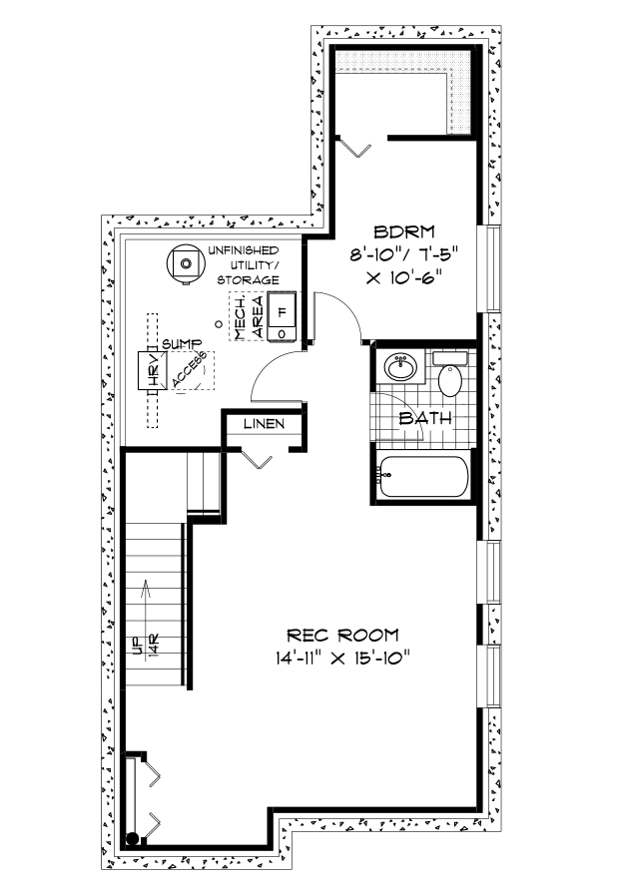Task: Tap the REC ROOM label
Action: (x=342, y=635)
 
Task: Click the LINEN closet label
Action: (x=264, y=424)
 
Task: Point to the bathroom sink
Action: (x=400, y=367)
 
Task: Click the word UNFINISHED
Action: (x=244, y=250)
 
